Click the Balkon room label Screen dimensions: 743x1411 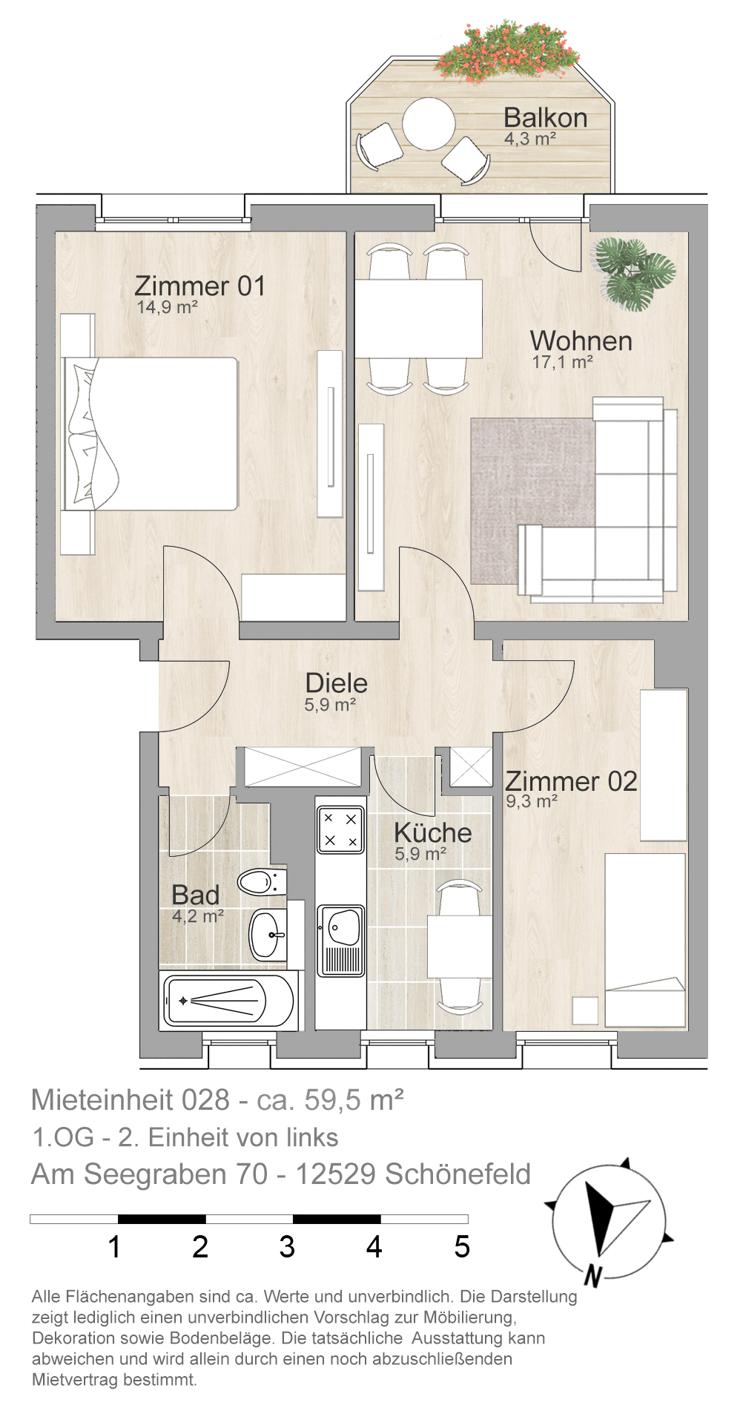tap(545, 118)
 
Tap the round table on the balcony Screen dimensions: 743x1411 tap(429, 124)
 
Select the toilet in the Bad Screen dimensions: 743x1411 tap(262, 882)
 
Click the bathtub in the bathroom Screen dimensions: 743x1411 tap(229, 1001)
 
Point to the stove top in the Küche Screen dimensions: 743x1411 tap(340, 829)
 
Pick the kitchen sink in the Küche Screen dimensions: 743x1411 tap(341, 940)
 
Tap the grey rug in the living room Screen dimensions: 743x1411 tap(532, 501)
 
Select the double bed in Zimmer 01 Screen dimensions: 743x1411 tap(151, 434)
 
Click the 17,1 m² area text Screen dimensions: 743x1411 tap(562, 363)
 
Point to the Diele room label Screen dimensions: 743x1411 tap(336, 683)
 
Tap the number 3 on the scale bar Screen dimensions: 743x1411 tap(287, 1247)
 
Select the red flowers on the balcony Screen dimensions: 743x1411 tap(507, 50)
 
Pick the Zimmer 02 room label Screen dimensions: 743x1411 tap(571, 781)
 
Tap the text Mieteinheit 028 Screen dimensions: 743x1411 tap(131, 1099)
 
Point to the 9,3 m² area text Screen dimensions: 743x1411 tap(532, 802)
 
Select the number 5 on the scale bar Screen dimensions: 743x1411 tap(462, 1247)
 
